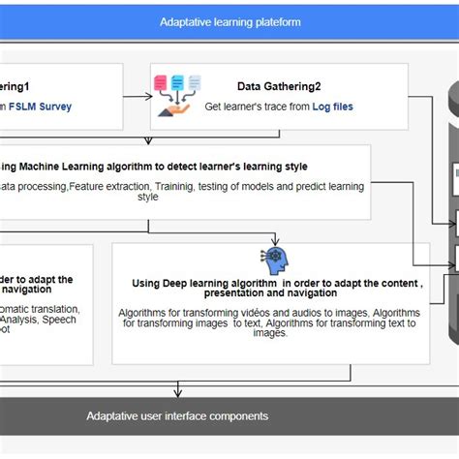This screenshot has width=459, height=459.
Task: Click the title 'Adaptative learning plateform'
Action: click(229, 21)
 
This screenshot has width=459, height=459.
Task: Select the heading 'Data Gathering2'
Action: click(282, 87)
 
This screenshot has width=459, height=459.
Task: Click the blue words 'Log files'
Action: click(332, 107)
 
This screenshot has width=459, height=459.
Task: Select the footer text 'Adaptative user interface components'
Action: click(177, 415)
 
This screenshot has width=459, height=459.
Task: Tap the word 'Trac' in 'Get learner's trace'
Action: click(278, 107)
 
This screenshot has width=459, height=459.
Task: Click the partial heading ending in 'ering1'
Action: click(24, 87)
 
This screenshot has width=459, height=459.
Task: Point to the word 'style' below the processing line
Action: click(147, 197)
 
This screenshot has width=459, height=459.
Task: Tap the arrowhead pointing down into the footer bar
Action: click(177, 393)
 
